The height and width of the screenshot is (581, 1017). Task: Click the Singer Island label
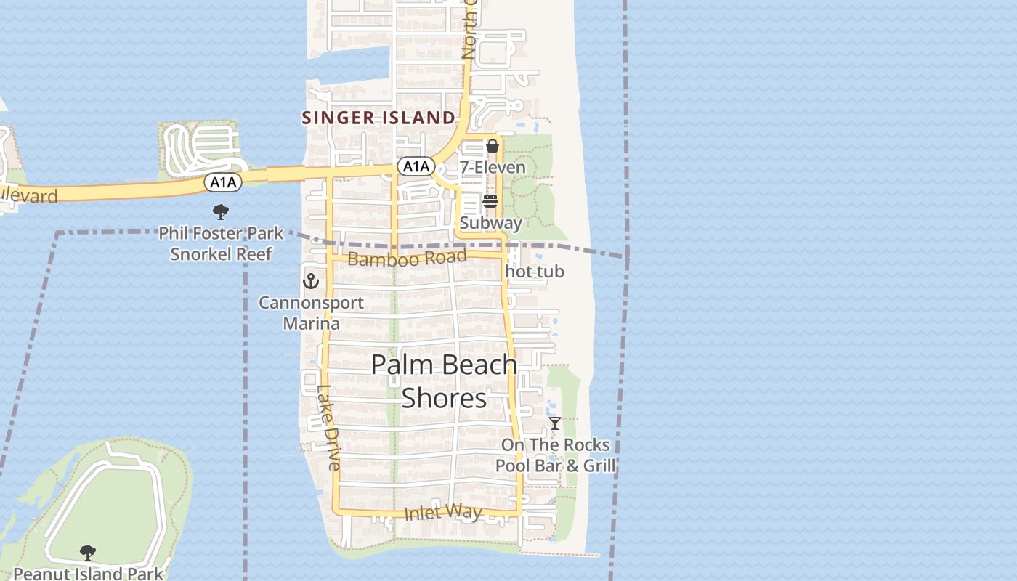tap(378, 118)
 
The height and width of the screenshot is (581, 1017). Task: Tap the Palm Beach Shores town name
tap(444, 381)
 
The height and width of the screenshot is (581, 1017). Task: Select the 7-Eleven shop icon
tap(493, 146)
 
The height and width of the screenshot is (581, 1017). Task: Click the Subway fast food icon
tap(490, 201)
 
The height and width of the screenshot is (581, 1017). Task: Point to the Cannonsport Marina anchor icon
tap(311, 280)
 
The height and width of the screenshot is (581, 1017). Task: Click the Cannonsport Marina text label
tap(312, 313)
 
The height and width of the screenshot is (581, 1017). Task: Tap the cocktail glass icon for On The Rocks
tap(555, 423)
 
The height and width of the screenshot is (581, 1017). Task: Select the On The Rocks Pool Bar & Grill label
tap(556, 455)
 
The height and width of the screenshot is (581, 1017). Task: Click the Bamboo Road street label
tap(407, 258)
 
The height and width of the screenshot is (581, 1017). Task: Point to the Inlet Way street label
tap(443, 512)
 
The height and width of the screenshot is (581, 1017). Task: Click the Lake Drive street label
tap(328, 427)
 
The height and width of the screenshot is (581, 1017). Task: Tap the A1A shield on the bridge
tap(222, 182)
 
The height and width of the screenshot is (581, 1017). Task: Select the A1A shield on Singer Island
tap(416, 166)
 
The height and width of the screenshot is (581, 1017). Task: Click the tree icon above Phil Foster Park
tap(221, 212)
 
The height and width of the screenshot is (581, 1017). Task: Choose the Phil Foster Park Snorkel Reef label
tap(221, 244)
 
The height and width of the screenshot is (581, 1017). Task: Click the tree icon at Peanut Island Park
tap(88, 553)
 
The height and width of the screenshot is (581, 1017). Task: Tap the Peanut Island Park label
tap(88, 574)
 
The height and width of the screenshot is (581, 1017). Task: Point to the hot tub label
tap(534, 272)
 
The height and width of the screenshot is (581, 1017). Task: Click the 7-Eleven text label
tap(493, 168)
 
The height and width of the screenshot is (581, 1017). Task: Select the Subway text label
tap(490, 223)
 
